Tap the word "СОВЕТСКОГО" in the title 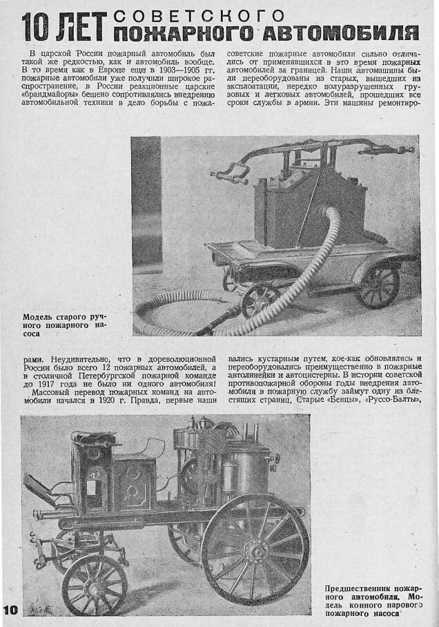tap(198, 15)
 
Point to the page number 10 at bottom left tap(12, 610)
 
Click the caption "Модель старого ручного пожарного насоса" tap(65, 324)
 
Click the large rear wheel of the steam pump tap(255, 550)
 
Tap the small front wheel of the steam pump tap(95, 584)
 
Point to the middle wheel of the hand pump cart tap(260, 298)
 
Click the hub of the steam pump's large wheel tap(255, 550)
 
